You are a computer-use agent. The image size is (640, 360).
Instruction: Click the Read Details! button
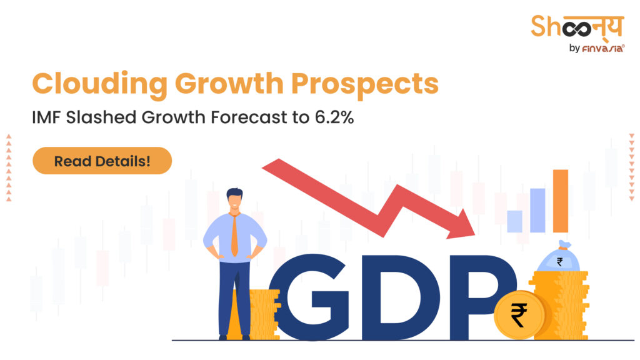tap(102, 161)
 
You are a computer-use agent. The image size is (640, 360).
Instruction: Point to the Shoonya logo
tap(577, 27)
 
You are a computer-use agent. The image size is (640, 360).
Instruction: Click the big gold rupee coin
tap(518, 314)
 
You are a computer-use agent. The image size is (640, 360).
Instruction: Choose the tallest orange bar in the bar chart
tap(561, 201)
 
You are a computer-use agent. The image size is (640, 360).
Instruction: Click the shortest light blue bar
tap(514, 221)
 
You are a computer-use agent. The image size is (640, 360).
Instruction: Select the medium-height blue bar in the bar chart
tap(537, 210)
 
